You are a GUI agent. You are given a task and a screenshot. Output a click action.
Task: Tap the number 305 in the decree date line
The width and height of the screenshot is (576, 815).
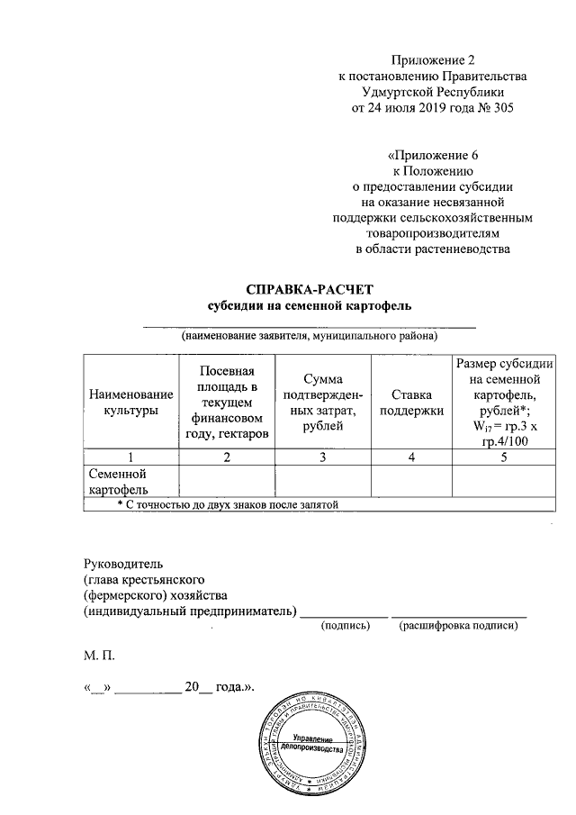[496, 108]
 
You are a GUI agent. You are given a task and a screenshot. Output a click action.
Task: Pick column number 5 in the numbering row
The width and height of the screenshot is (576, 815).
[504, 457]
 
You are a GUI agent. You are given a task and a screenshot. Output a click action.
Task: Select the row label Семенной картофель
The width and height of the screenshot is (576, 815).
[117, 481]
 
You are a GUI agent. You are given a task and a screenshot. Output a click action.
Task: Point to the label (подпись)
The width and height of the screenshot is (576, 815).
[346, 625]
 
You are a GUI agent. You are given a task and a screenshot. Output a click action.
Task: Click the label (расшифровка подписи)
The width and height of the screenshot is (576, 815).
[461, 625]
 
